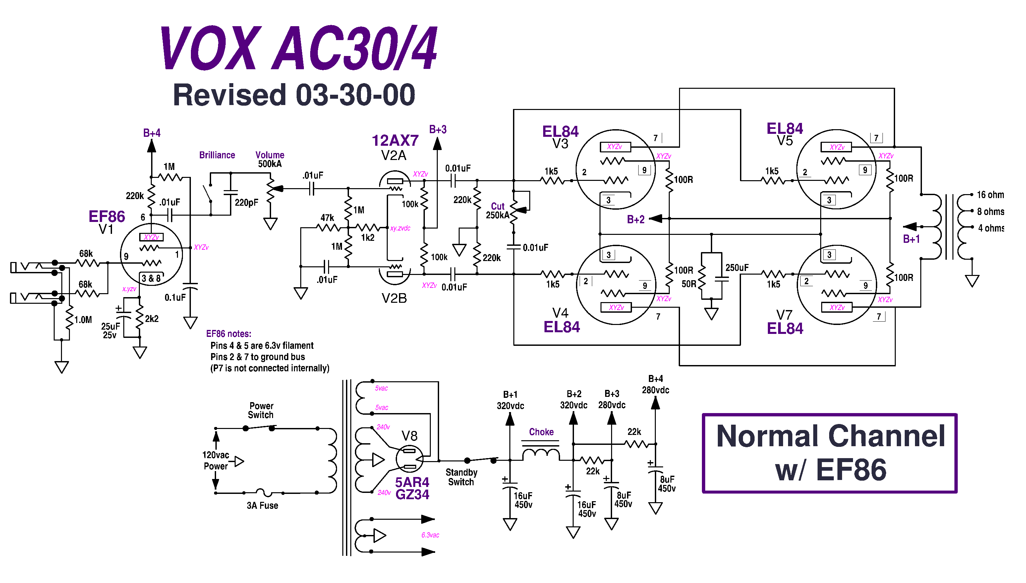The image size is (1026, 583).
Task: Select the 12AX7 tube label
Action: pyautogui.click(x=395, y=140)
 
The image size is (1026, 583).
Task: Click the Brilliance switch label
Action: pyautogui.click(x=217, y=155)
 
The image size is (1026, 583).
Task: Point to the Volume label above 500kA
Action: pyautogui.click(x=270, y=155)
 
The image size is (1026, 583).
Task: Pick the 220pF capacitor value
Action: pyautogui.click(x=246, y=203)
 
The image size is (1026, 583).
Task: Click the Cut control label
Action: pyautogui.click(x=498, y=206)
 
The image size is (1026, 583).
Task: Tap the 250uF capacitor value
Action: pyautogui.click(x=737, y=267)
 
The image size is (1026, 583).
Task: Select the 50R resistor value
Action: pyautogui.click(x=689, y=284)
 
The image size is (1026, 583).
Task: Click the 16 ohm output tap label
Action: pyautogui.click(x=990, y=195)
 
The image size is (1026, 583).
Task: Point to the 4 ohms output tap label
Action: pyautogui.click(x=991, y=228)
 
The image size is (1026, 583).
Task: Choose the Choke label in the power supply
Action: pyautogui.click(x=541, y=432)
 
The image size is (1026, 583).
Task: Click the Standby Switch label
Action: pyautogui.click(x=461, y=477)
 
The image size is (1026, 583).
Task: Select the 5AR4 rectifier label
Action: pyautogui.click(x=412, y=482)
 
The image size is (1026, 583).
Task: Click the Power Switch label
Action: pyautogui.click(x=261, y=410)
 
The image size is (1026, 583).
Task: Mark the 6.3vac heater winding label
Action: pyautogui.click(x=430, y=535)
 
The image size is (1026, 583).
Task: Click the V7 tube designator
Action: pyautogui.click(x=784, y=315)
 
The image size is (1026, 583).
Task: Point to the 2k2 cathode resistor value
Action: pyautogui.click(x=152, y=319)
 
